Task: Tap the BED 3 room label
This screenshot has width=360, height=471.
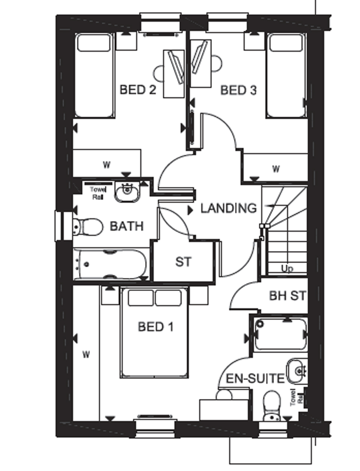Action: coord(238,90)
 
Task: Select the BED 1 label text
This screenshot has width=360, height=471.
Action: coord(156,327)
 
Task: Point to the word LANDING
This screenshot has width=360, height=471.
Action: coord(229,208)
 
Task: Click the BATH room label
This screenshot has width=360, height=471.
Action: coord(126,226)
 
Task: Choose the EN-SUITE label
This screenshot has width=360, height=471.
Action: coord(255,378)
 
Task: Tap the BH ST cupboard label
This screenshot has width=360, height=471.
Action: coord(287,295)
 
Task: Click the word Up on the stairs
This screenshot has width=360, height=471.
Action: coord(287,268)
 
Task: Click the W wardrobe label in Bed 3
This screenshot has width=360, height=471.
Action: coord(276,169)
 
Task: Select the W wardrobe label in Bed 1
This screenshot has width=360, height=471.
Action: coord(86,355)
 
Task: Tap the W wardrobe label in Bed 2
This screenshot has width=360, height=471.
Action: coord(106,165)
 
